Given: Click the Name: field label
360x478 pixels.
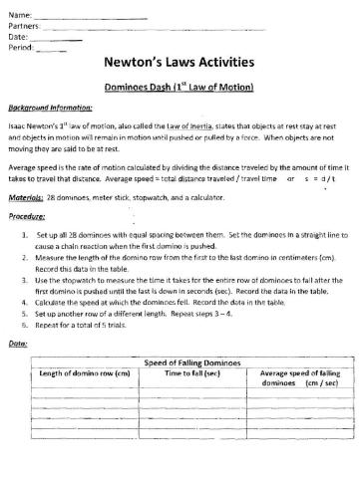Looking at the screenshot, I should [20, 13].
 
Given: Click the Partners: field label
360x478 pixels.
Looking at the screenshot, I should [25, 24].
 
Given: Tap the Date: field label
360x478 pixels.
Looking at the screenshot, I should [18, 36].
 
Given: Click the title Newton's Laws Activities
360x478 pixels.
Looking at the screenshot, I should [180, 65].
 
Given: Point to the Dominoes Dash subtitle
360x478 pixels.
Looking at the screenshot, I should [180, 88].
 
